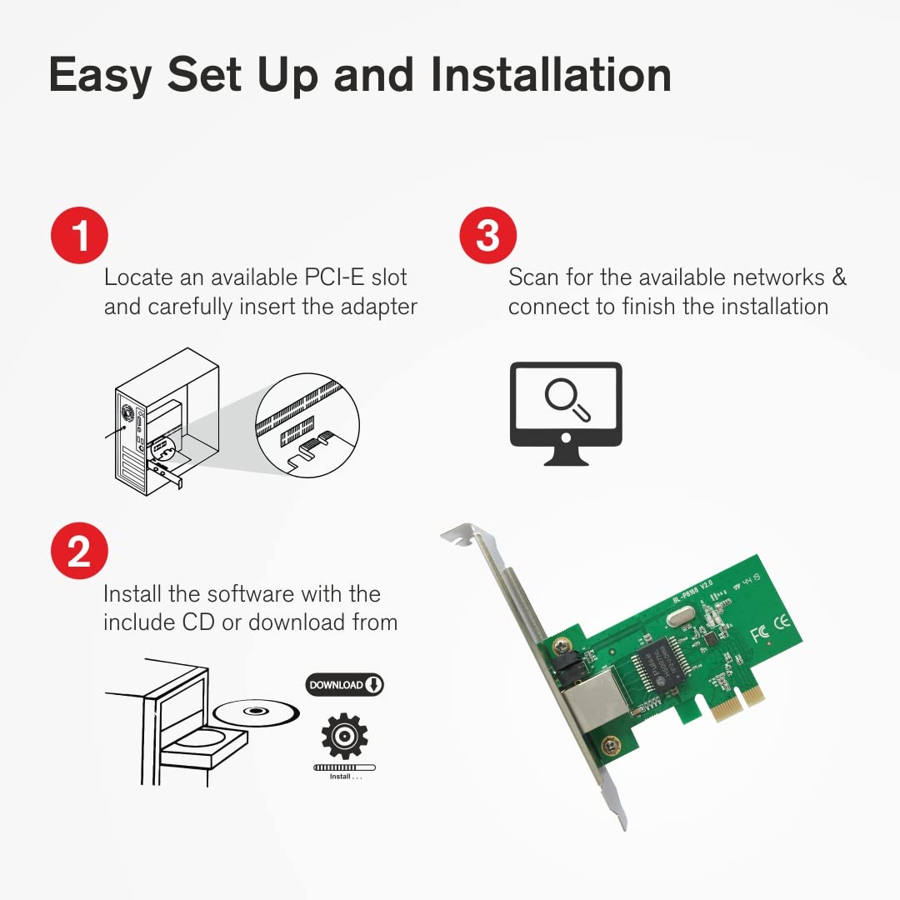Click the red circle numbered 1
[80, 236]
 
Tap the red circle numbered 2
[80, 551]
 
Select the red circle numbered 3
[488, 236]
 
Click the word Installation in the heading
[551, 75]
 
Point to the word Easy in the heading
[100, 75]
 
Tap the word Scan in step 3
[534, 277]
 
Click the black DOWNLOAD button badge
[344, 685]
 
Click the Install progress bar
[344, 767]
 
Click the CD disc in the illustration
[256, 712]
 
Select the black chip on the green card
[661, 666]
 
